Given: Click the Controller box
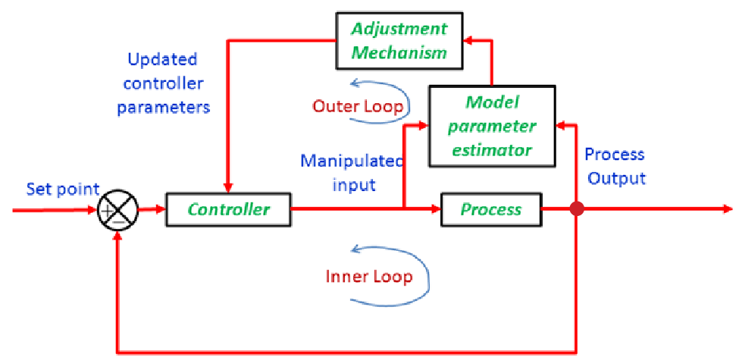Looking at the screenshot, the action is pyautogui.click(x=228, y=209).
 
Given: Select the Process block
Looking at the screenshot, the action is pyautogui.click(x=491, y=209).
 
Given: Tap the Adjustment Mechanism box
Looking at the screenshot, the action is pyautogui.click(x=399, y=40).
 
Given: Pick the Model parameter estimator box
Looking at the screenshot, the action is pyautogui.click(x=492, y=126).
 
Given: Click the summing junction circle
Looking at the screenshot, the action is pyautogui.click(x=117, y=210).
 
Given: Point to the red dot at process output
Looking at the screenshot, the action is pyautogui.click(x=576, y=209).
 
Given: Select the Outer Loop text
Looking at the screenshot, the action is pyautogui.click(x=359, y=107).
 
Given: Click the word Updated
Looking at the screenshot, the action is pyautogui.click(x=162, y=60).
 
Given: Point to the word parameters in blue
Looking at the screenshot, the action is pyautogui.click(x=164, y=107).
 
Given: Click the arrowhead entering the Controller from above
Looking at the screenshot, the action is pyautogui.click(x=228, y=187).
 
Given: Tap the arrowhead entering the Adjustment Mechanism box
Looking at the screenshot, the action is pyautogui.click(x=468, y=40).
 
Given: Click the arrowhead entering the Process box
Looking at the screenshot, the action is pyautogui.click(x=436, y=209).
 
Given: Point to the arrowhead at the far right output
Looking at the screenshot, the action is pyautogui.click(x=728, y=209).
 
